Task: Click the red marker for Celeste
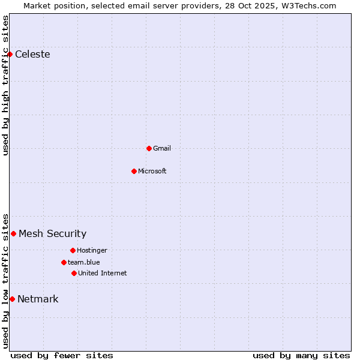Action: [10, 55]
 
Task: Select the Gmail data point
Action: [149, 148]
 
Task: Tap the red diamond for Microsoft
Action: [134, 171]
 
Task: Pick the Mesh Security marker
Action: [13, 233]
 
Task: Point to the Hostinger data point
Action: [73, 250]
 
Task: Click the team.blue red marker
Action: [64, 262]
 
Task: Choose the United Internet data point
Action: [74, 273]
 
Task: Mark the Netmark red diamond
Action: [12, 299]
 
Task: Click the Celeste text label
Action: [32, 55]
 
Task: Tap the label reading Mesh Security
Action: [52, 234]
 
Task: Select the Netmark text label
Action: [38, 299]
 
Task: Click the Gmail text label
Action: [162, 148]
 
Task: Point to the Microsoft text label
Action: [152, 171]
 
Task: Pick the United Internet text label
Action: [103, 273]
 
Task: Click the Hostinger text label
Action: [92, 250]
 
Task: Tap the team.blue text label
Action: [84, 262]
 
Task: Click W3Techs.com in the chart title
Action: [307, 5]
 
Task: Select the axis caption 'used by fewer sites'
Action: [62, 355]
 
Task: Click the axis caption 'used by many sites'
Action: [301, 355]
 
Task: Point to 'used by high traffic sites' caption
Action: [5, 85]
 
